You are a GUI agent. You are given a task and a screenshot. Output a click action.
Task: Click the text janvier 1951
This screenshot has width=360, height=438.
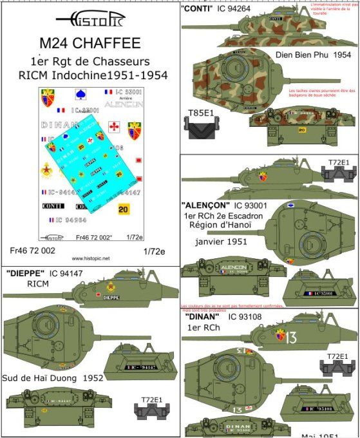[x=222, y=242]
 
